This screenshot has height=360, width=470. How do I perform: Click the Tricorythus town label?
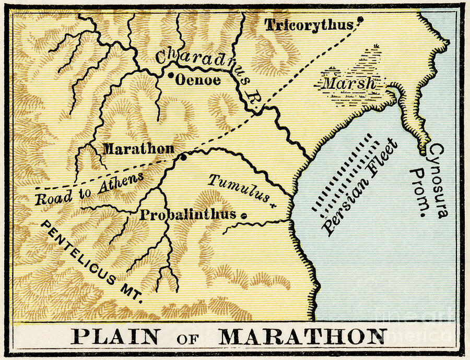(309, 25)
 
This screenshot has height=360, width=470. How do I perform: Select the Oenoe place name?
(198, 80)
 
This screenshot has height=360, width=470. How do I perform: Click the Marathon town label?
(138, 149)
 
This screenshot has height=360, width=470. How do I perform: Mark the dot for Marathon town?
(183, 157)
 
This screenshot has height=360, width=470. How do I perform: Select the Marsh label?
(349, 83)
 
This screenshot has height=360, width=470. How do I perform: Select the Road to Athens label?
(89, 190)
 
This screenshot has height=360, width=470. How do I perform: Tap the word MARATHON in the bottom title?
(303, 337)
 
